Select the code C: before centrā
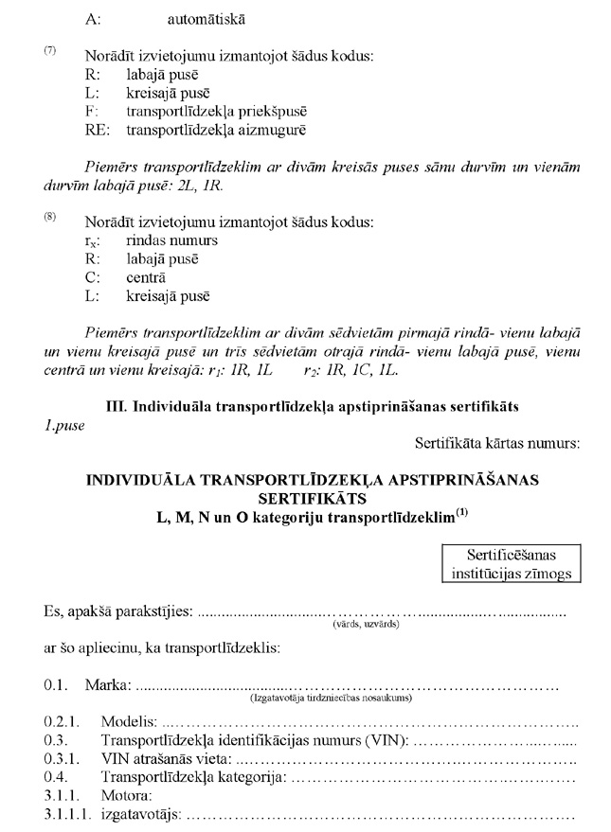tap(90, 277)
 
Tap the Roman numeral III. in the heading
tap(119, 406)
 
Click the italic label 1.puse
tap(63, 424)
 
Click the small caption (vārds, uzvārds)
tap(365, 625)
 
